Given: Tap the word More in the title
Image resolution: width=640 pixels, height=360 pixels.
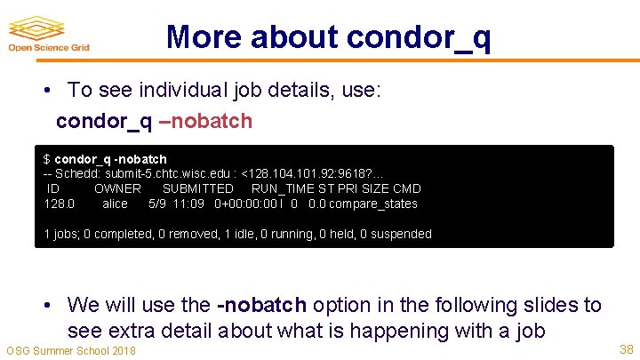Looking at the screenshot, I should (x=203, y=36).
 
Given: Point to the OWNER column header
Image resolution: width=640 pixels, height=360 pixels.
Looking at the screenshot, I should (x=117, y=188).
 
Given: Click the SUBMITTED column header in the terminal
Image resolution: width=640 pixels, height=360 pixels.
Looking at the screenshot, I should (x=197, y=188).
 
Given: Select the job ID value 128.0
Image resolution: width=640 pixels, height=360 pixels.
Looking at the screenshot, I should (x=60, y=204).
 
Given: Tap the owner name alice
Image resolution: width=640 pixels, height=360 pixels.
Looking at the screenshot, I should (x=115, y=204).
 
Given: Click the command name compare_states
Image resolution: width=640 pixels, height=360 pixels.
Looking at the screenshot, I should (x=372, y=204).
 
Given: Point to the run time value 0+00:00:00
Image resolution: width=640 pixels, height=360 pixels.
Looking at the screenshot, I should (x=245, y=204).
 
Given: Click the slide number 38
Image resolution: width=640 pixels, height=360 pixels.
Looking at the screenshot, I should (x=625, y=350).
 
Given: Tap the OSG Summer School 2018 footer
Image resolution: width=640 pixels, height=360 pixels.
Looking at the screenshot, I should (x=71, y=351).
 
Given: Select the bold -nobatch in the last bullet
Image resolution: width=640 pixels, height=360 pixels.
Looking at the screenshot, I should (x=261, y=305).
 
